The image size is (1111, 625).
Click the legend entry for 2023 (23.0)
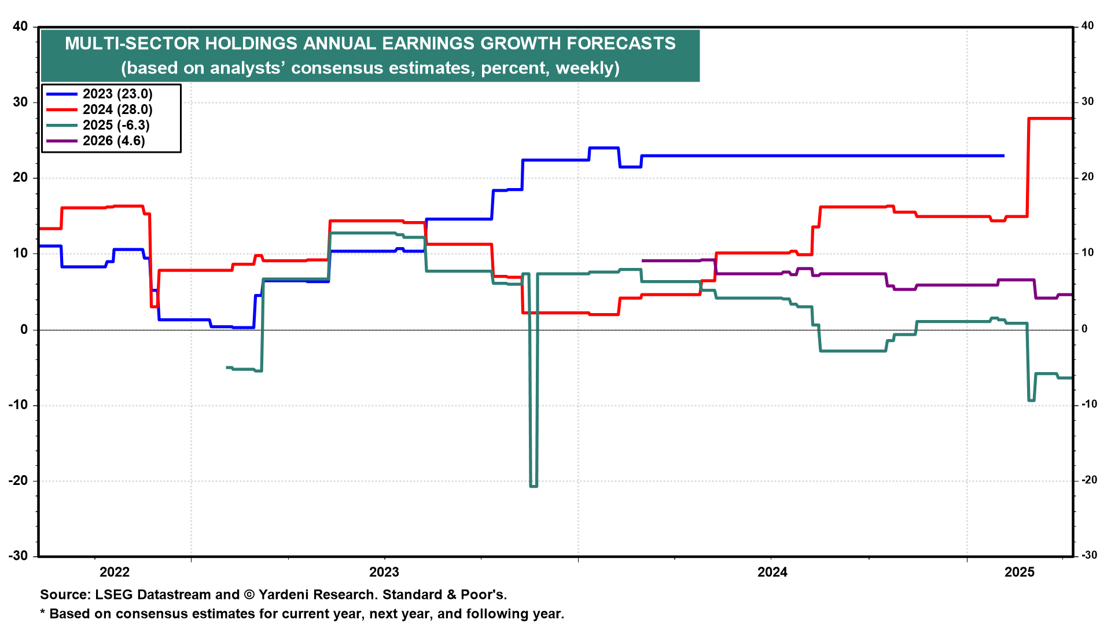click(99, 94)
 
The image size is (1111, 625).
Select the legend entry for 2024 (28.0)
click(99, 109)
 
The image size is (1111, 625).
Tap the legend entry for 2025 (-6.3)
click(98, 125)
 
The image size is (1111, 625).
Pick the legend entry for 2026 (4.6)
click(95, 141)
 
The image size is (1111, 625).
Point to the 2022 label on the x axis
click(115, 572)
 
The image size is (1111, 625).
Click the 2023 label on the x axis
click(384, 572)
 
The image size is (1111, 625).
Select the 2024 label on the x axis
click(772, 572)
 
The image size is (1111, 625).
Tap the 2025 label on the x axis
click(1020, 572)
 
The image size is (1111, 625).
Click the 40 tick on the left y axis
click(20, 26)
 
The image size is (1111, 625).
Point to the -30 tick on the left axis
click(18, 556)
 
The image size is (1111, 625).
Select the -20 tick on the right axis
click(1088, 480)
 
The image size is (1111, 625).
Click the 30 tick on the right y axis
click(1088, 101)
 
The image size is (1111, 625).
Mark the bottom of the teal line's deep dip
click(534, 486)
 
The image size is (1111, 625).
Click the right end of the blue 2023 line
click(1003, 156)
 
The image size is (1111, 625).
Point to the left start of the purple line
click(643, 261)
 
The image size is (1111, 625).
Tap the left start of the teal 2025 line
click(227, 367)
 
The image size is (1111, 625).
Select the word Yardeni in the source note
click(284, 594)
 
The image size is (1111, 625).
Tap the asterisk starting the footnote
click(42, 612)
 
